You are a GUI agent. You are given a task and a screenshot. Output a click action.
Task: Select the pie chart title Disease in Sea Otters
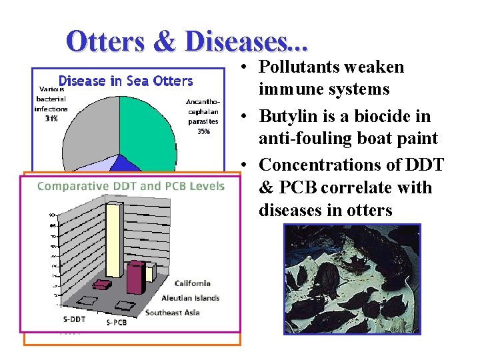coord(125,81)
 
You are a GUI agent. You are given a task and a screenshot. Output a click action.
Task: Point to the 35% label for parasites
coord(203,131)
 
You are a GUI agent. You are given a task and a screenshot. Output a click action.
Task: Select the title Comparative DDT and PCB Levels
coord(131,186)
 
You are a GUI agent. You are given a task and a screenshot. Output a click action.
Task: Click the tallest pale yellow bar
coord(115,240)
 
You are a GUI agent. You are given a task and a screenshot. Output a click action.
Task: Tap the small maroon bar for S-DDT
coord(102,285)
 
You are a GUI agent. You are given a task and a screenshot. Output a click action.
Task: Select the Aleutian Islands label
coord(190,298)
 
